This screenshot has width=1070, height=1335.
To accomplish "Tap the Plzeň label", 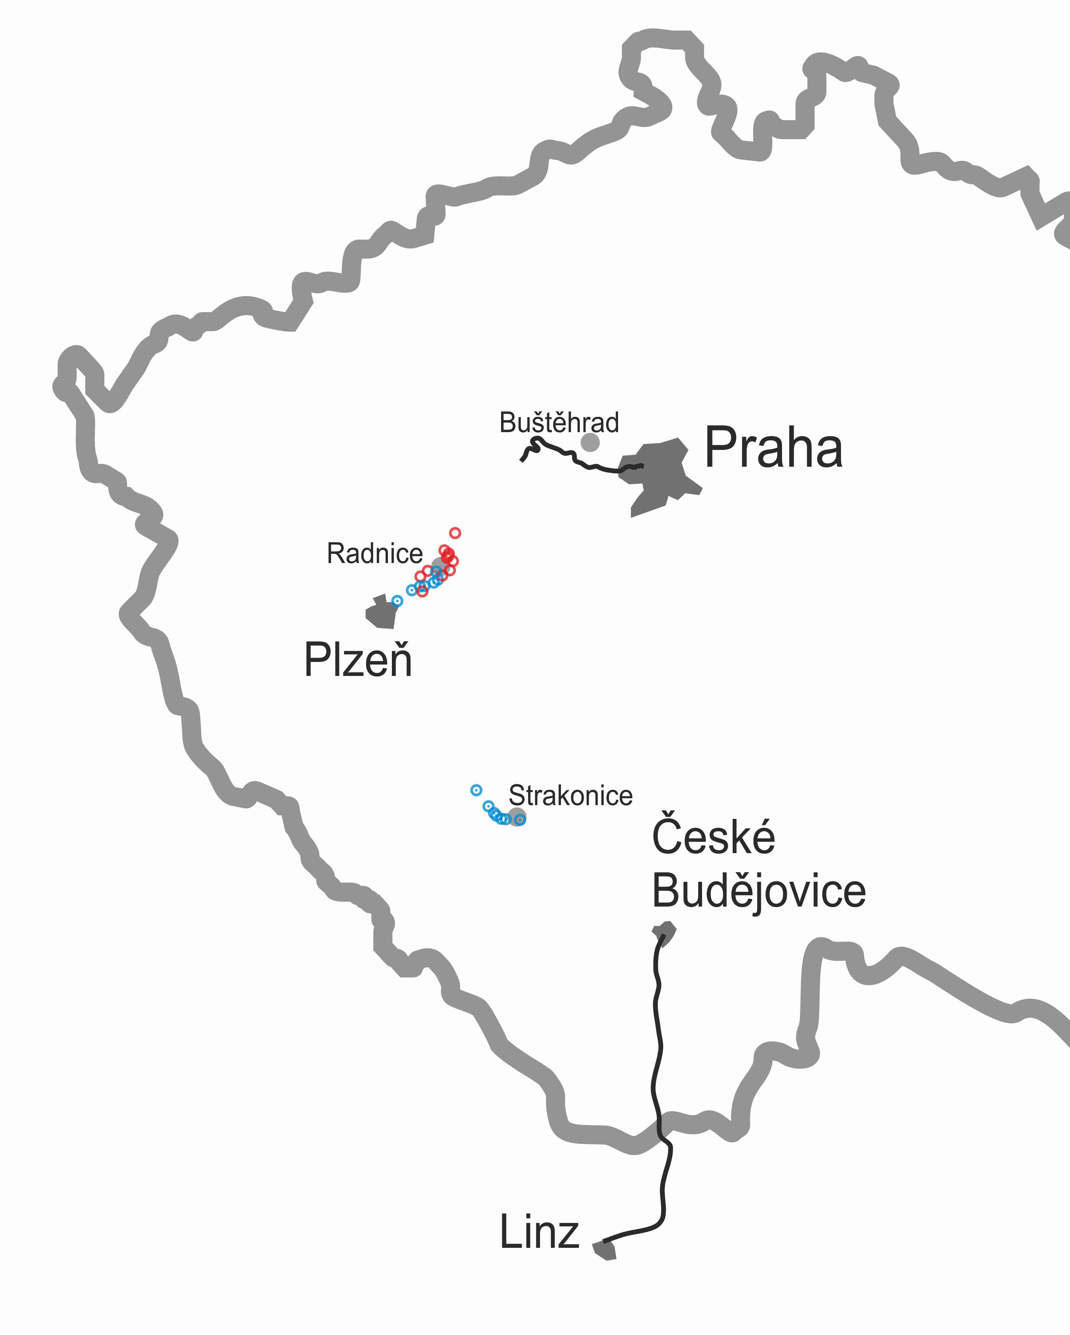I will (x=358, y=660).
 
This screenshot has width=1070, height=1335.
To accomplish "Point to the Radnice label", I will (x=374, y=554).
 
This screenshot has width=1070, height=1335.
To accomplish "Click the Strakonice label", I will (x=570, y=796).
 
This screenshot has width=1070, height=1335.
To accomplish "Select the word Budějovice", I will (x=758, y=892).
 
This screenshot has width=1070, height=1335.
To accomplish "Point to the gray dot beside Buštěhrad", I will (x=590, y=442).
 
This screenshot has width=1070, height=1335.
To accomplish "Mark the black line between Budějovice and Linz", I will (x=657, y=1053).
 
